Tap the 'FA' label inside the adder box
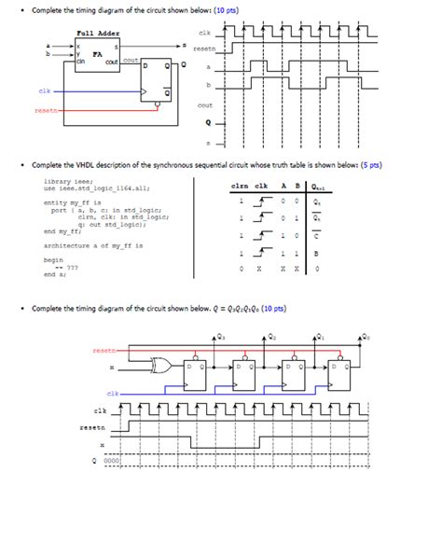[x=96, y=54]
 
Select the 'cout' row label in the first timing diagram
[x=205, y=105]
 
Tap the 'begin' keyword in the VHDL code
[x=53, y=259]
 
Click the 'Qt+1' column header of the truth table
[x=319, y=186]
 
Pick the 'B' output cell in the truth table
[x=316, y=253]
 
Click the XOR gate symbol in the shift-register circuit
[x=172, y=367]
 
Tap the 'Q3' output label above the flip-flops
[x=220, y=336]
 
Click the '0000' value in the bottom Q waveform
[x=112, y=461]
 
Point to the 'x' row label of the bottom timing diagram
[x=101, y=444]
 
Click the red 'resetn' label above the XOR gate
[x=105, y=350]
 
